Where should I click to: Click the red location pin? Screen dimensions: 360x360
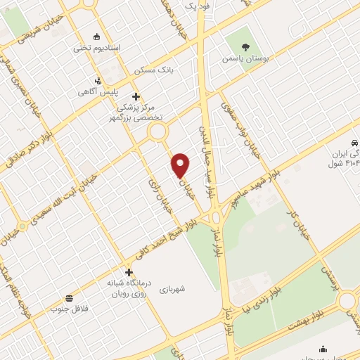click(181, 165)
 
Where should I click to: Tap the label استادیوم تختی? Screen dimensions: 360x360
click(97, 48)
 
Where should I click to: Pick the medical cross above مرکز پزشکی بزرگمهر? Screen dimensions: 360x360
click(136, 96)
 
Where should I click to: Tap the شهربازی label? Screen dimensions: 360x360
click(171, 288)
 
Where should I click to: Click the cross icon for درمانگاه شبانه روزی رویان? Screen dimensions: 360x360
click(129, 272)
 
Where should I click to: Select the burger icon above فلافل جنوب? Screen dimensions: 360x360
click(69, 298)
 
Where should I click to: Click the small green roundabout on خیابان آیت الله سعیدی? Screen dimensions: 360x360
click(22, 226)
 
